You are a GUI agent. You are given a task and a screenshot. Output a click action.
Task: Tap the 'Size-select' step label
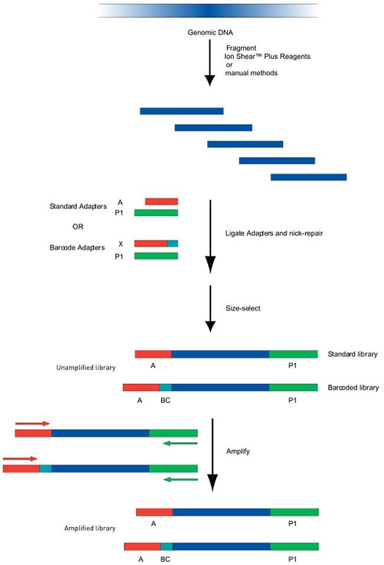click(x=243, y=308)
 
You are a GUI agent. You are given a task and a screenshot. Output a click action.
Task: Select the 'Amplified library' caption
click(x=90, y=527)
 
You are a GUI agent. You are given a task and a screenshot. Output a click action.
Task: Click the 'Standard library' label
click(x=352, y=354)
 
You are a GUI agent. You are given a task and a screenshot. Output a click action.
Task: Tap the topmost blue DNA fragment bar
click(x=181, y=111)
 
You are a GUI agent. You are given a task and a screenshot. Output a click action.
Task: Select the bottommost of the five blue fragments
click(x=308, y=177)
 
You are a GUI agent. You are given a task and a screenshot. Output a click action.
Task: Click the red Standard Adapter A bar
click(x=161, y=202)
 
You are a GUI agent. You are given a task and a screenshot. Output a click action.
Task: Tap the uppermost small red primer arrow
click(x=32, y=423)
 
